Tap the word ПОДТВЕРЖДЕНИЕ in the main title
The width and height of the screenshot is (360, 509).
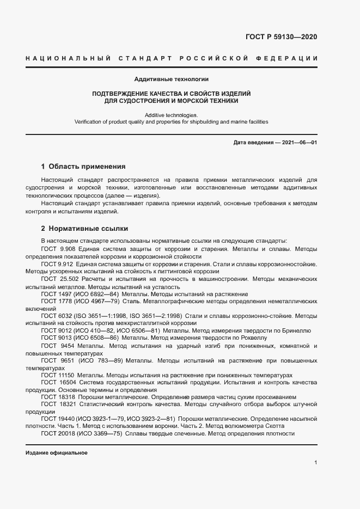pyautogui.click(x=120, y=94)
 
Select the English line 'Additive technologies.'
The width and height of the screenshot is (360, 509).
pyautogui.click(x=172, y=115)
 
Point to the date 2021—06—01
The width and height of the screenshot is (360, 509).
pyautogui.click(x=298, y=143)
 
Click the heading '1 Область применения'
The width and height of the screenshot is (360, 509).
pyautogui.click(x=83, y=167)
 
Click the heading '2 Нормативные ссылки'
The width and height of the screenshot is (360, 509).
pyautogui.click(x=84, y=229)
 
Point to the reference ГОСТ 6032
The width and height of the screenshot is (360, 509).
pyautogui.click(x=56, y=316)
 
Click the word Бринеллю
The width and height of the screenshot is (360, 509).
pyautogui.click(x=297, y=330)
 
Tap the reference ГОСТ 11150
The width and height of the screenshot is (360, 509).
pyautogui.click(x=58, y=375)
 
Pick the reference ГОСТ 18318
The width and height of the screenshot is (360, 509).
pyautogui.click(x=58, y=397)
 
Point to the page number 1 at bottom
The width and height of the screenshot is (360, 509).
pyautogui.click(x=316, y=463)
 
